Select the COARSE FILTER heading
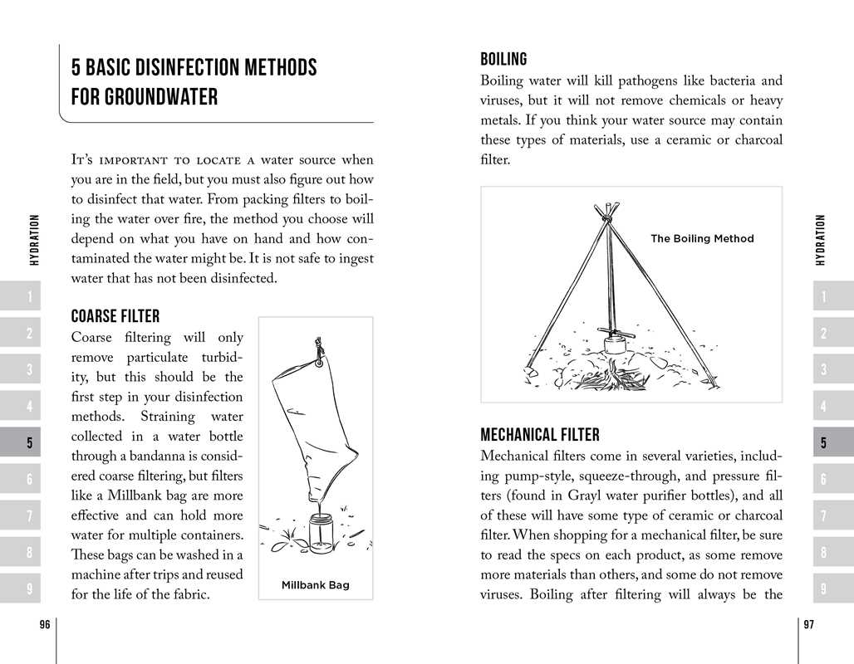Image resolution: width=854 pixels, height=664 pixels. point(115,316)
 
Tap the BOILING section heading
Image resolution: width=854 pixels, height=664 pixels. point(503,59)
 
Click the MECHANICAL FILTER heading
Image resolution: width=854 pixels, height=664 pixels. point(540,435)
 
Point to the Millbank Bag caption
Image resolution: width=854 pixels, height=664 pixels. point(316,585)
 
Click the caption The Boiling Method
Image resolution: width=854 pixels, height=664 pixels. point(702,238)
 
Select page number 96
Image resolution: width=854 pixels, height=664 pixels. point(45,626)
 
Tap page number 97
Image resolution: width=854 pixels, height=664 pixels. point(808,626)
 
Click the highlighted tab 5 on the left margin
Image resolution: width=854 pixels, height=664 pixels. point(29,443)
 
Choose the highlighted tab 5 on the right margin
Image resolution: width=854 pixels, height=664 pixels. point(823,443)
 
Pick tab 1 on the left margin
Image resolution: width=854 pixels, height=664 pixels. point(29,297)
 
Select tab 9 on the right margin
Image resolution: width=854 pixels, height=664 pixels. point(823,589)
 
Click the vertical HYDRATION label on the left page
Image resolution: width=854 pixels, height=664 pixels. point(34,241)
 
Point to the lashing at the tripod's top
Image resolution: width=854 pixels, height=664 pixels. point(608,215)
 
